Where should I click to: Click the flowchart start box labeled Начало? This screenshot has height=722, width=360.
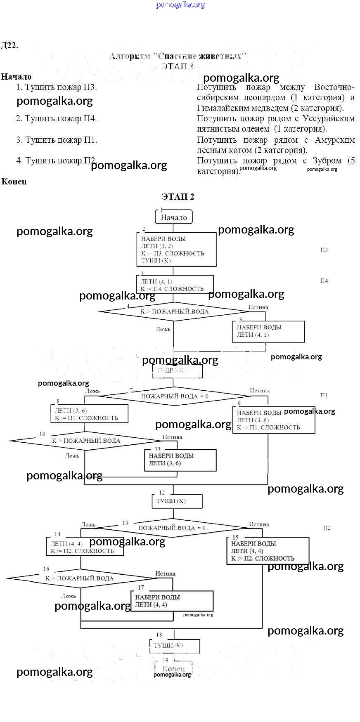[x=174, y=217]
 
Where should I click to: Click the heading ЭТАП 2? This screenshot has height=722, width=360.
[x=178, y=197]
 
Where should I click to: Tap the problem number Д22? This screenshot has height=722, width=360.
[x=9, y=45]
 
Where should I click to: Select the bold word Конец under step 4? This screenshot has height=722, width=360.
[x=14, y=182]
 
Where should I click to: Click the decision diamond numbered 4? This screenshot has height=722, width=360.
[x=174, y=311]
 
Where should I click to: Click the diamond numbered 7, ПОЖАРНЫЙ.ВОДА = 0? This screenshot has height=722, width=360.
[x=175, y=396]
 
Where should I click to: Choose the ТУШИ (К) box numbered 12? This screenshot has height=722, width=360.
[x=177, y=501]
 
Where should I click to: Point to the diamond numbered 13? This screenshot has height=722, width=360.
[x=172, y=528]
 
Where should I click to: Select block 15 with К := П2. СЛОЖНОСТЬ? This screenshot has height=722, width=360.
[x=268, y=551]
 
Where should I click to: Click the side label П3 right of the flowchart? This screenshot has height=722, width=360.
[x=324, y=250]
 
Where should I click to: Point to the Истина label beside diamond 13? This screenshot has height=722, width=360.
[x=259, y=524]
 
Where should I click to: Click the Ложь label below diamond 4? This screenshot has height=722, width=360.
[x=163, y=329]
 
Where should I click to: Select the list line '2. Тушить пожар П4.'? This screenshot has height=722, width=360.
[x=56, y=119]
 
